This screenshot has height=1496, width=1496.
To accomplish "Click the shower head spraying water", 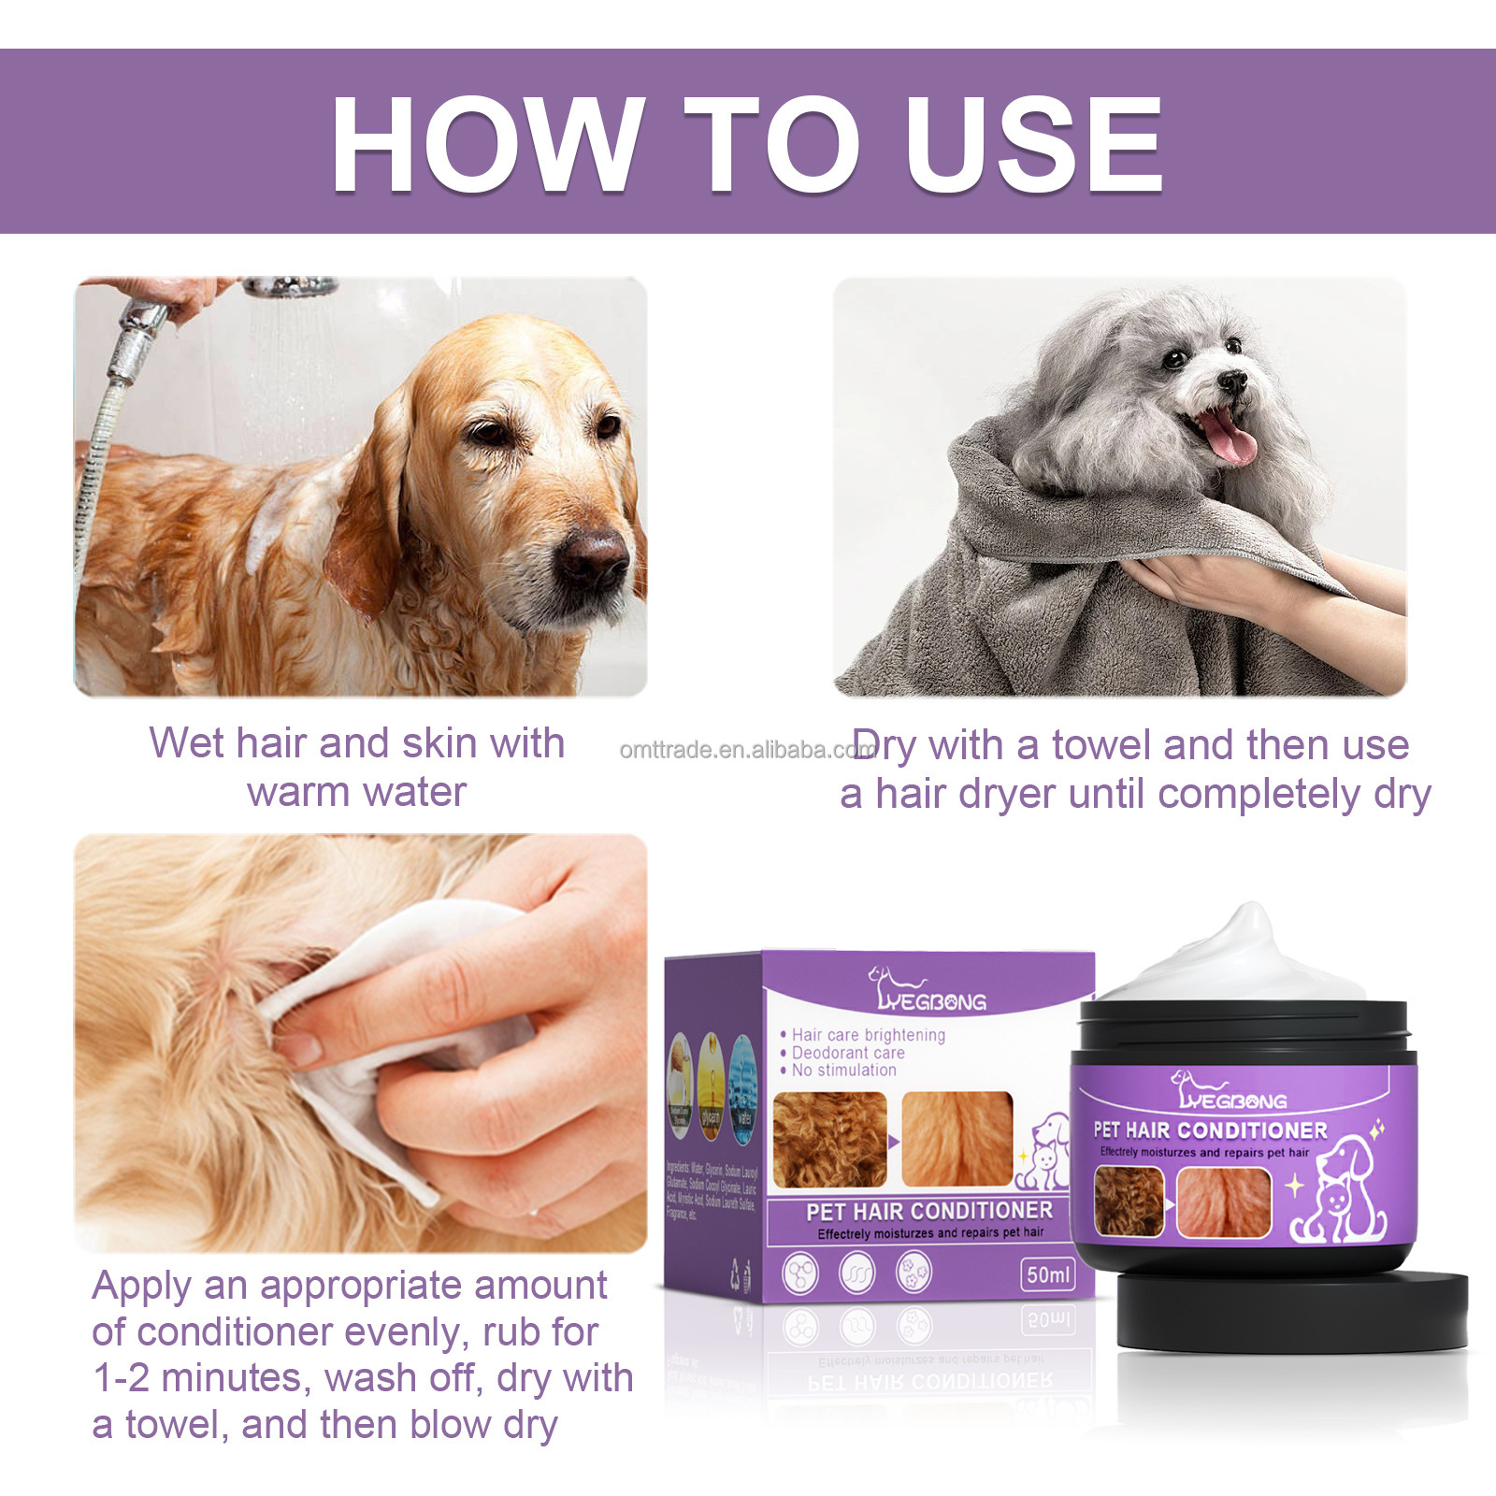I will pyautogui.click(x=291, y=286).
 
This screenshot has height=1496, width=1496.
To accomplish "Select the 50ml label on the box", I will pyautogui.click(x=1048, y=1274).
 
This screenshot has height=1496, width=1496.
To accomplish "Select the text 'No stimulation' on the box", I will pyautogui.click(x=843, y=1070).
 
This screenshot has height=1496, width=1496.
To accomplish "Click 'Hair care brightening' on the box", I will pyautogui.click(x=868, y=1035).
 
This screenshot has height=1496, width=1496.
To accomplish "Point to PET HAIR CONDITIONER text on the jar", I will pyautogui.click(x=1210, y=1130).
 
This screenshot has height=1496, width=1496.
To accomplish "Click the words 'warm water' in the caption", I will pyautogui.click(x=356, y=793).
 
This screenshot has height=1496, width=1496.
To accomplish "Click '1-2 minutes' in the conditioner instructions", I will pyautogui.click(x=196, y=1378).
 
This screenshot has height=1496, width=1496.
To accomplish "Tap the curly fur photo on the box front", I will pyautogui.click(x=830, y=1139).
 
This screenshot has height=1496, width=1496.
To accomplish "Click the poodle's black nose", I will pyautogui.click(x=1232, y=381).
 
